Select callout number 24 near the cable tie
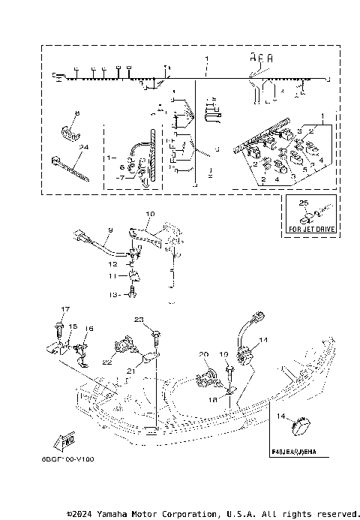point(84,148)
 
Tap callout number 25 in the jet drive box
point(303,203)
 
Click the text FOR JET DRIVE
point(310,227)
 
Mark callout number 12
point(112,264)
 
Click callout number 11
point(112,276)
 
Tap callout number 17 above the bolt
point(64,309)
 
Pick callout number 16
point(88,329)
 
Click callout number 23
point(138,320)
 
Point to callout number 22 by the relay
point(108,362)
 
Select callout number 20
point(202,353)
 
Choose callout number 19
point(223,353)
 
